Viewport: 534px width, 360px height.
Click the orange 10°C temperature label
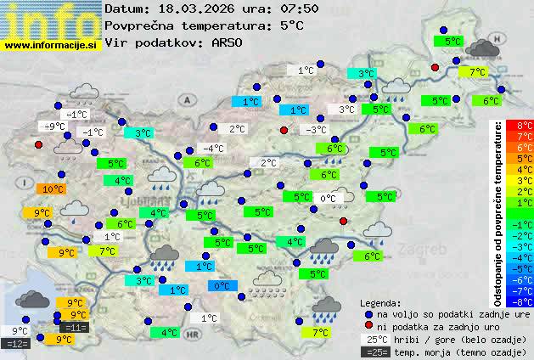[x=53, y=189]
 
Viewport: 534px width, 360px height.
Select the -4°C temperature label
[x=212, y=149]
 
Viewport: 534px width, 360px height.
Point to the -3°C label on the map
[x=316, y=130]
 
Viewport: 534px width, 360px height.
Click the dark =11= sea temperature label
[x=75, y=328]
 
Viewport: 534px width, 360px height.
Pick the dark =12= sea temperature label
[x=16, y=344]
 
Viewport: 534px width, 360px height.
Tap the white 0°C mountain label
[x=328, y=199]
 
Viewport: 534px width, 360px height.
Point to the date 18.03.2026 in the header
[x=185, y=9]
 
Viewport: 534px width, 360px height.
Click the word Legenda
[x=380, y=302]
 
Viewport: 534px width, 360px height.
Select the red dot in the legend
[x=368, y=326]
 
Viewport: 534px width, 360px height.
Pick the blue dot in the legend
[x=368, y=313]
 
